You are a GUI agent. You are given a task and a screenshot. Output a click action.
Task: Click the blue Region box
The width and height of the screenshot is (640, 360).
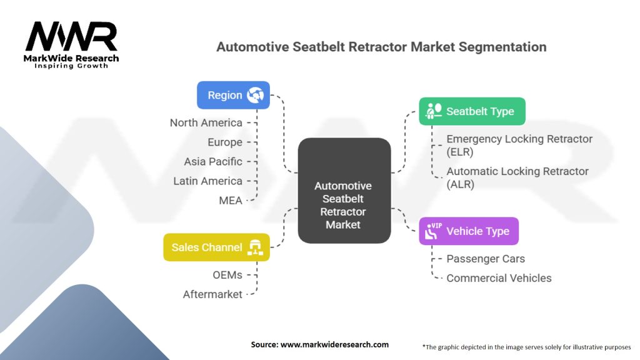click(233, 95)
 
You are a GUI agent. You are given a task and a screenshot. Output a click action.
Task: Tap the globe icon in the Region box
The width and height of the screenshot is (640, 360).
click(255, 95)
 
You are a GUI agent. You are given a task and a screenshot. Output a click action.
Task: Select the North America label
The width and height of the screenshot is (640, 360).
click(206, 122)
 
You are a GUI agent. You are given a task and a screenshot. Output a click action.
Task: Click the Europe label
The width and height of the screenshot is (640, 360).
click(225, 142)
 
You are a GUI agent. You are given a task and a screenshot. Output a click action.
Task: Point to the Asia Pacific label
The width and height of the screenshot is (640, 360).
click(213, 162)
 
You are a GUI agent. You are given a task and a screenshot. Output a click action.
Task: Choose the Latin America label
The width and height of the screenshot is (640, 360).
click(207, 181)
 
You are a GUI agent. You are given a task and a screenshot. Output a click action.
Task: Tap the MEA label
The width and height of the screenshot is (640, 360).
click(231, 201)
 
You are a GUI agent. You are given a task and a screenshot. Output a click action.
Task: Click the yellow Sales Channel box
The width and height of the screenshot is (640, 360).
click(216, 247)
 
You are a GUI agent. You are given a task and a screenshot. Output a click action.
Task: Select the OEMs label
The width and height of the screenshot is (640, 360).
click(227, 275)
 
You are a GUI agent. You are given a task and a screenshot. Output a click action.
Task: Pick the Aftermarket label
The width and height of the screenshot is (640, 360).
click(212, 294)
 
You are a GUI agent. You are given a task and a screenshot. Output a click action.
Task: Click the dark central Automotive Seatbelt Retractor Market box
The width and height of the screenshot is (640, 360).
click(344, 191)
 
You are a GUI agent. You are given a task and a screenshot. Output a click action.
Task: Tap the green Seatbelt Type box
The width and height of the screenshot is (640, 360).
click(472, 111)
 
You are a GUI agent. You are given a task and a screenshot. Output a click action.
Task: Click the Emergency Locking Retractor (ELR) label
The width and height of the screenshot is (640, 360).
click(519, 145)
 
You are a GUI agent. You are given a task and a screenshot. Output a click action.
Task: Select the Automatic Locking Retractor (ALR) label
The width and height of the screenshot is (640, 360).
click(517, 177)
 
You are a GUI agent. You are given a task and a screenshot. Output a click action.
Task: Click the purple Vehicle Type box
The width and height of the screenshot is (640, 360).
click(469, 231)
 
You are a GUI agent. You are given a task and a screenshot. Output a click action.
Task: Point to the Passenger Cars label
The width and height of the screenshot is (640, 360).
click(486, 259)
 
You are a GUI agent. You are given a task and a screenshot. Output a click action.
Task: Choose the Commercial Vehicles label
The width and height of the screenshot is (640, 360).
click(499, 278)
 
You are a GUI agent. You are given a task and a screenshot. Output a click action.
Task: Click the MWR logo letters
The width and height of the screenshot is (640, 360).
click(72, 37)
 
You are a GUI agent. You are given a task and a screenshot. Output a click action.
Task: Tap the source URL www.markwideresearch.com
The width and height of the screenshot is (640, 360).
click(334, 344)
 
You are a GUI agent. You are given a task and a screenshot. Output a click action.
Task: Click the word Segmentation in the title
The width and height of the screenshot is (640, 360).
click(502, 47)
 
